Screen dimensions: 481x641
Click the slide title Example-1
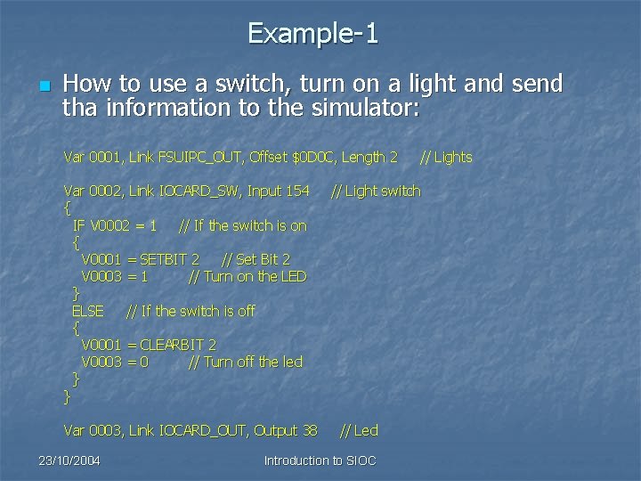point(313,34)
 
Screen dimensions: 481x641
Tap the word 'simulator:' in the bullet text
point(376,109)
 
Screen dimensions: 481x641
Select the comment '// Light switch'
point(376,191)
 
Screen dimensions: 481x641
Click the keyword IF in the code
point(78,225)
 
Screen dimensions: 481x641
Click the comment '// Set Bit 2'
point(256,259)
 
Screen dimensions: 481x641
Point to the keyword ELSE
point(87,311)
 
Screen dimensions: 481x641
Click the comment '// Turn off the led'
point(246,362)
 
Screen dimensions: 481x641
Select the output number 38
point(309,431)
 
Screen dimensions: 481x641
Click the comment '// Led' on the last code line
point(359,431)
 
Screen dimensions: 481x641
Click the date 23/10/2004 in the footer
point(69,461)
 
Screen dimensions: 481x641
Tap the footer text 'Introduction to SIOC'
point(320,461)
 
